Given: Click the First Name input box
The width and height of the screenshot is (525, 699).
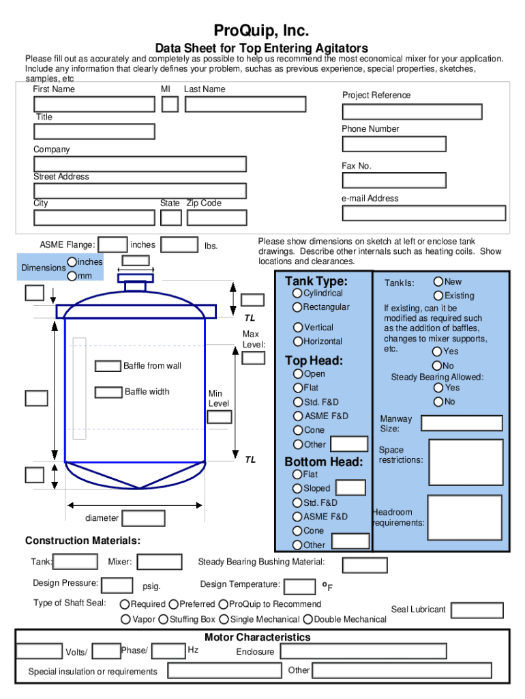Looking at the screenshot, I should point(95,104).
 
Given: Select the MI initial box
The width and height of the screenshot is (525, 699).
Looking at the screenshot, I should point(170,104).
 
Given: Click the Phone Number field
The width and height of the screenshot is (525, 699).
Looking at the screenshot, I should point(394,144).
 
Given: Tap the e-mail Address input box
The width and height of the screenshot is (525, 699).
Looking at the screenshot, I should point(424,213).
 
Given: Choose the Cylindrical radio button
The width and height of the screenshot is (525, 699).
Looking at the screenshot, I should point(298,293).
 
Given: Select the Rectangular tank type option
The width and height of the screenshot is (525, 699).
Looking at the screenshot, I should point(298,307).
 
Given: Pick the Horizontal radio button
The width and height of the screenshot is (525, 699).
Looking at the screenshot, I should point(298,341).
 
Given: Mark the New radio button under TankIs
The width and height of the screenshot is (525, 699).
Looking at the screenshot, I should point(438,281).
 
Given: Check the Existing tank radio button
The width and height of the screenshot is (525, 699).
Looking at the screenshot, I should point(438,296).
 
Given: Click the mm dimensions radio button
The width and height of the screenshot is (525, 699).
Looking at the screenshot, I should point(72,276).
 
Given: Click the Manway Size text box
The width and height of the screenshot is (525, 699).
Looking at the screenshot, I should point(462,423).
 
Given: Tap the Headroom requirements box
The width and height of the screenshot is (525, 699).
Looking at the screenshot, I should point(465,517).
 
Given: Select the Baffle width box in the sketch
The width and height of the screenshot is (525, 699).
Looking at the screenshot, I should point(108,393).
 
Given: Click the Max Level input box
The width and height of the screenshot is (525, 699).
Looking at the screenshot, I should point(254,358).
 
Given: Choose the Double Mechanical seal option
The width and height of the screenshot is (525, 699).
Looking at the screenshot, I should point(308,620).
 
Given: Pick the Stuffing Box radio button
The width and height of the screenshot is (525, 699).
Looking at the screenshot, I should point(164,620).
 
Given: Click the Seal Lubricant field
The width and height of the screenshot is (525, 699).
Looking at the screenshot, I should point(477,610).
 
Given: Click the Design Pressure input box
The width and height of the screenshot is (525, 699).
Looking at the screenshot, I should point(117,585).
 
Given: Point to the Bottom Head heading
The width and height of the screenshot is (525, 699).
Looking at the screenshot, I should point(323,462).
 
